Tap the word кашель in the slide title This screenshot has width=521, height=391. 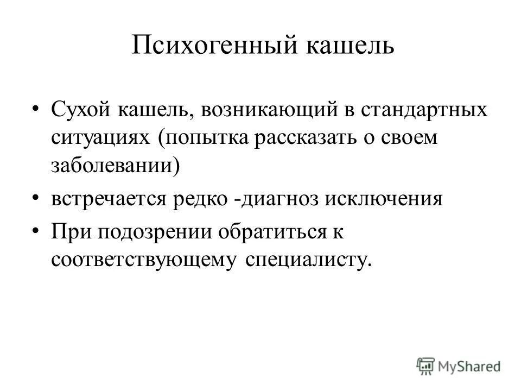coord(351,46)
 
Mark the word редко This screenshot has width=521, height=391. coord(200,199)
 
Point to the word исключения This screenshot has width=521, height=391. coord(384,199)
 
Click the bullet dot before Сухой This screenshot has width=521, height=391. coord(35,109)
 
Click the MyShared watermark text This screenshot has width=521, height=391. coord(470,367)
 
